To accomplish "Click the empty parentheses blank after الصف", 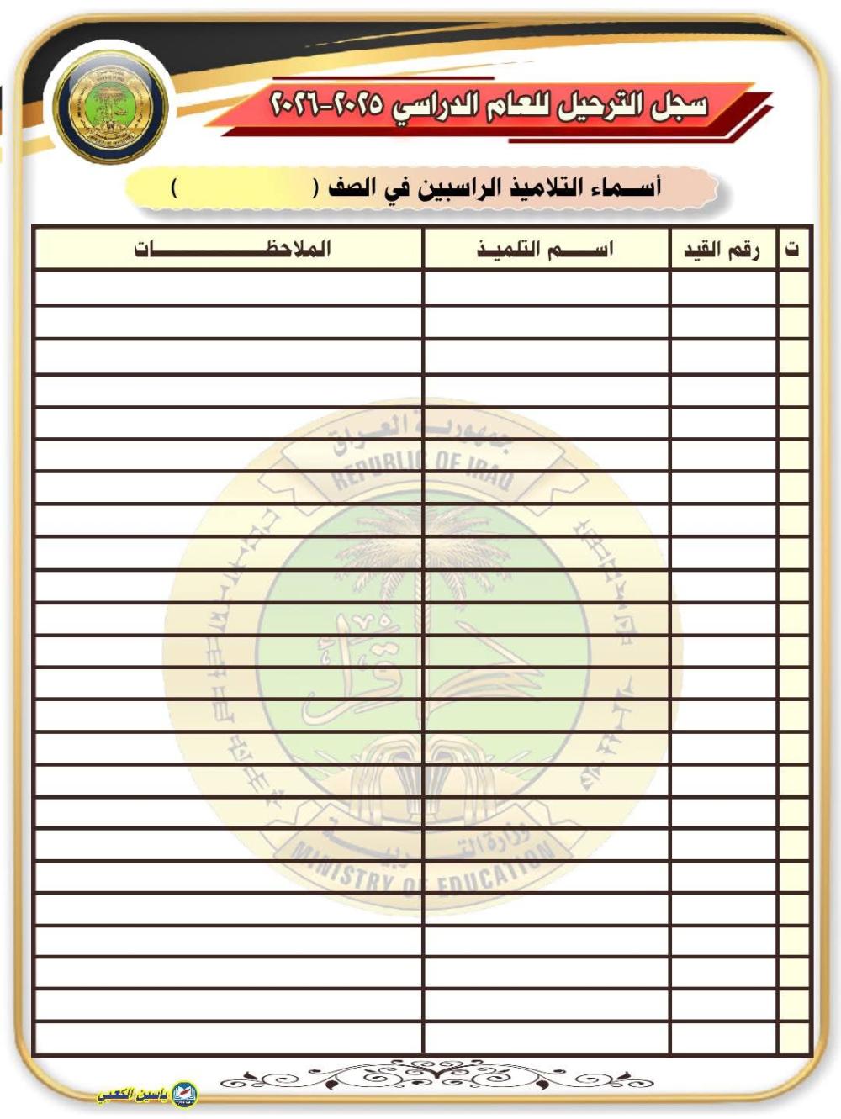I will pyautogui.click(x=244, y=187).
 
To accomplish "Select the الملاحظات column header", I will pyautogui.click(x=231, y=249).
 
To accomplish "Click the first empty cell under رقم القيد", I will pyautogui.click(x=723, y=288).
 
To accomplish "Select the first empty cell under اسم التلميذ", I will pyautogui.click(x=547, y=288).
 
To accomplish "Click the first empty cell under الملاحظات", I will pyautogui.click(x=229, y=288).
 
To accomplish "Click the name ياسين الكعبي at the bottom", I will pyautogui.click(x=133, y=1095).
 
